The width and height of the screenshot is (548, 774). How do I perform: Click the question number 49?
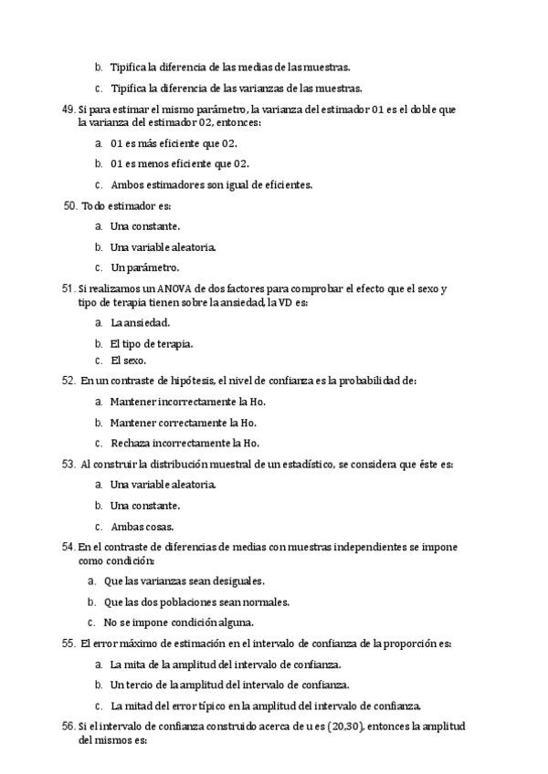[68, 110]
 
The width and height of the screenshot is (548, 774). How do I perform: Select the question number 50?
[70, 206]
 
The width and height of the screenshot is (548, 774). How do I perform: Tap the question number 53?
[68, 465]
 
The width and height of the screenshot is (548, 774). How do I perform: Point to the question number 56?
[68, 727]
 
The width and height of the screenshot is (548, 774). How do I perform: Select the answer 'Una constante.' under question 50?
[145, 225]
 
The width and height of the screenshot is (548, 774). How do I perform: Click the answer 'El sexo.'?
[128, 361]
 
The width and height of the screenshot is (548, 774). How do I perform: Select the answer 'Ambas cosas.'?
[142, 527]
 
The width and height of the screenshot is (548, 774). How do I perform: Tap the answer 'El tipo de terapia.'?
[151, 344]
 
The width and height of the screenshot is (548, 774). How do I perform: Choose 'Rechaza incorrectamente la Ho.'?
[183, 443]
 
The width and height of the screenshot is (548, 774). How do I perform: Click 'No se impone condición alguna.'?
[178, 622]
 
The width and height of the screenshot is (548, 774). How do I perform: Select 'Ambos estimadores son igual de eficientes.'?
[211, 184]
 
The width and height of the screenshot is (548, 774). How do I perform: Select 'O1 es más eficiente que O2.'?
[174, 143]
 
